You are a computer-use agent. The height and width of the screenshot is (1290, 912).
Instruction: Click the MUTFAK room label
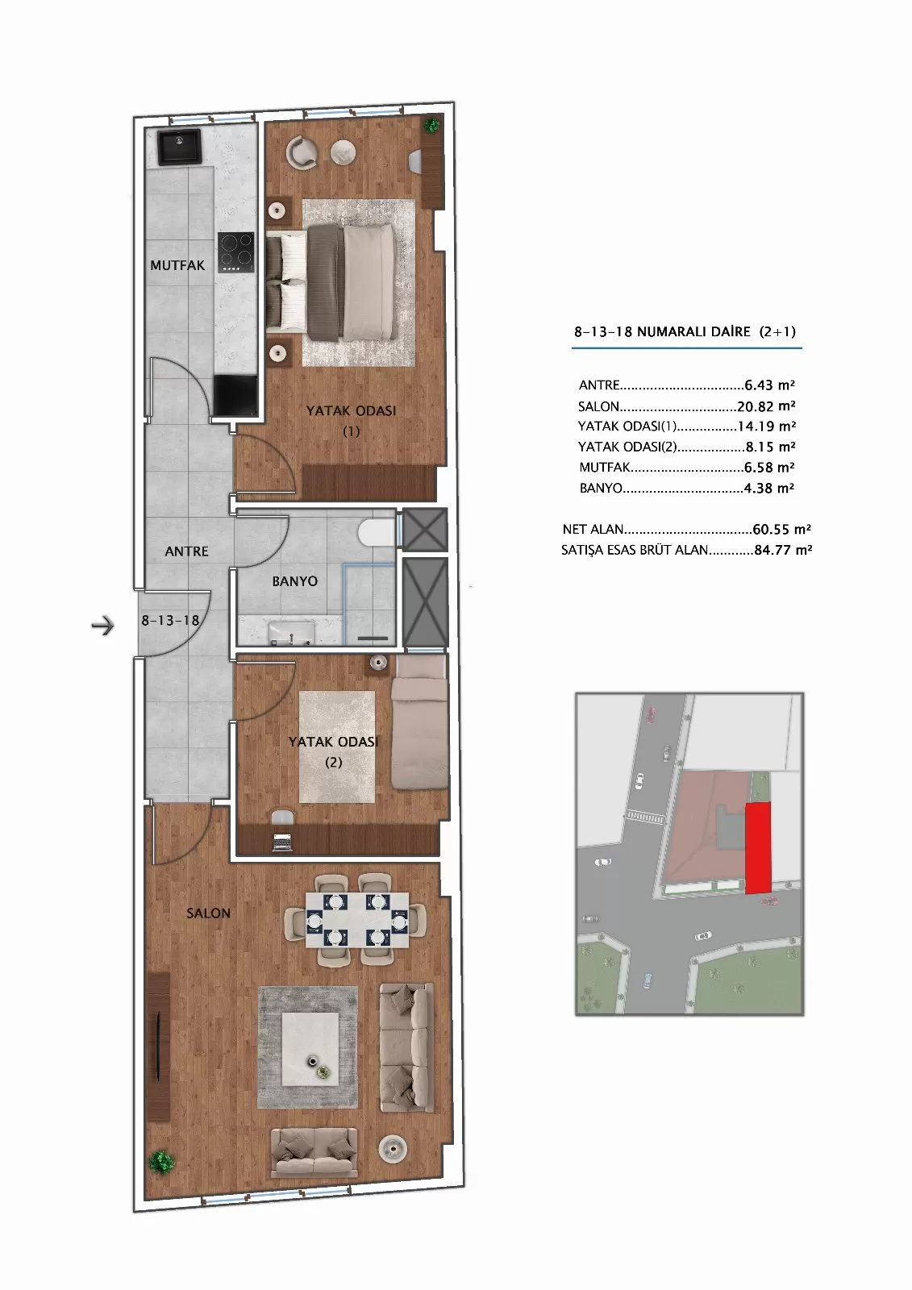177,265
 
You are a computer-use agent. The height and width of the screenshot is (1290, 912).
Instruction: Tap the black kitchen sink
179,146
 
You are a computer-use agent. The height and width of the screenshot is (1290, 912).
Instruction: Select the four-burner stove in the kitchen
235,252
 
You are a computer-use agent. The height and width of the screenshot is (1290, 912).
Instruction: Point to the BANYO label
294,581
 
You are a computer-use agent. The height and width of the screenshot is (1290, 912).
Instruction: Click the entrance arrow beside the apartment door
102,625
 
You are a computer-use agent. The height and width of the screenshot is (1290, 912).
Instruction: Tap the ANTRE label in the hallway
186,551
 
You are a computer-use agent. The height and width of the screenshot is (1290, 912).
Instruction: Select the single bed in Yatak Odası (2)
419,722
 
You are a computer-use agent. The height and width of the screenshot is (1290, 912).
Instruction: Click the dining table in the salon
357,920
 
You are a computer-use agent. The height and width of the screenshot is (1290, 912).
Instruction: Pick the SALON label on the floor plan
209,913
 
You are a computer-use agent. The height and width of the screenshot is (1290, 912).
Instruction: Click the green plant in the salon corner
161,1162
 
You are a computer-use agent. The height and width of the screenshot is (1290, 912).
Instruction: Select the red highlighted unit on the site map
758,848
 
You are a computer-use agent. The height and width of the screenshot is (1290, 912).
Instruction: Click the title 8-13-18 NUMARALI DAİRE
663,331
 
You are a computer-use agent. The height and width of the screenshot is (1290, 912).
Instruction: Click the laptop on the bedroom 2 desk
282,843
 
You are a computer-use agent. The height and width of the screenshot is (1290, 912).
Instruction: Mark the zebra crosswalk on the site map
644,815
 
